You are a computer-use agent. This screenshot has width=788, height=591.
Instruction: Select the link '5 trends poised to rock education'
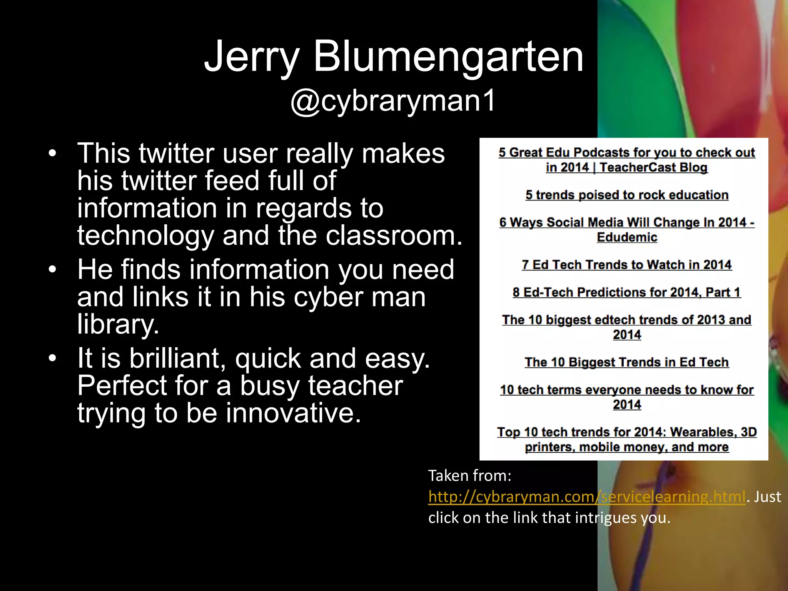coord(627,195)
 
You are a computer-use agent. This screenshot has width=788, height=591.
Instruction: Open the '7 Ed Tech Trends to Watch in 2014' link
coord(627,265)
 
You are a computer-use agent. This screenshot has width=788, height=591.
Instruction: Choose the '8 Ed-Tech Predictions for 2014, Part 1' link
coord(627,292)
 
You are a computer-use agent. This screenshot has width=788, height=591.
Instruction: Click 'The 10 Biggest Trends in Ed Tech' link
coord(627,362)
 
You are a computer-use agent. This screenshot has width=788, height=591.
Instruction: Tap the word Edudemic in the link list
coord(627,237)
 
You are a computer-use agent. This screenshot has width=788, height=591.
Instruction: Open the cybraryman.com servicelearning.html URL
coord(587,497)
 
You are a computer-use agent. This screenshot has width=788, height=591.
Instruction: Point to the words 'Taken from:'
coord(470,476)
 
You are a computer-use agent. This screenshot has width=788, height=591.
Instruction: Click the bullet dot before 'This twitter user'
coord(52,154)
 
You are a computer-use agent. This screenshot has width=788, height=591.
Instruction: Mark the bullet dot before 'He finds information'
coord(52,270)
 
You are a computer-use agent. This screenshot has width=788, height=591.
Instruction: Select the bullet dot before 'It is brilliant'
coord(52,359)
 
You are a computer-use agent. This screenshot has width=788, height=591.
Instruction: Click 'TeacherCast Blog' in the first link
coord(653,168)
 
